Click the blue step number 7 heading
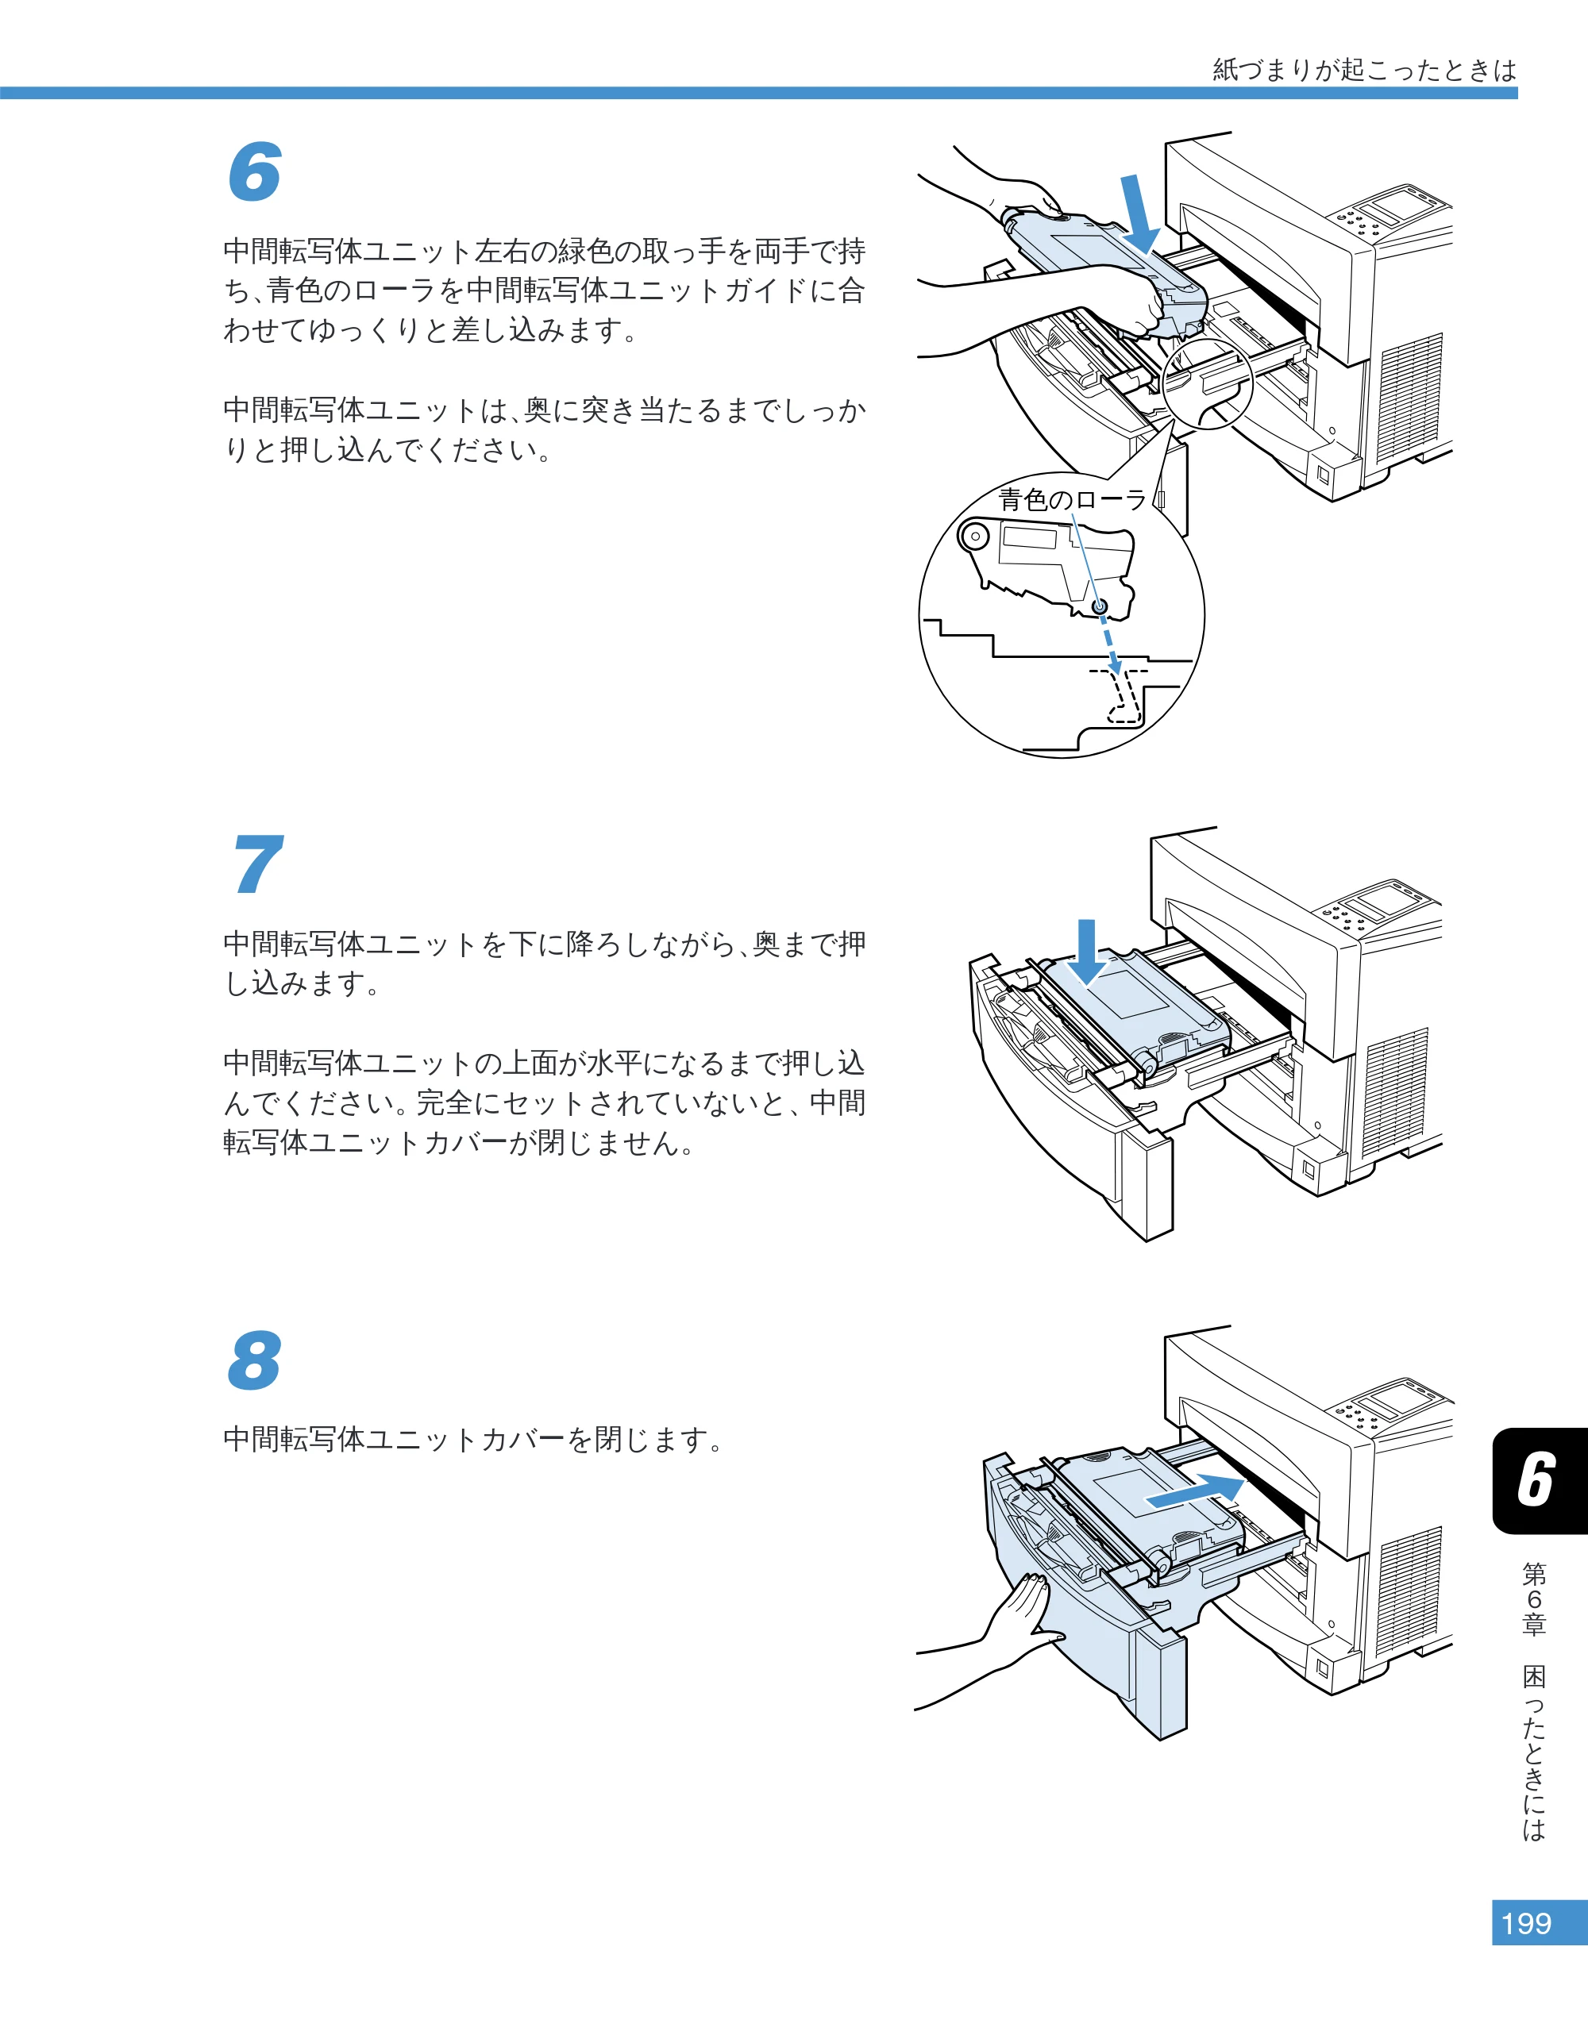257,864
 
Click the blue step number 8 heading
254,1360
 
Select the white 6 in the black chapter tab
1536,1479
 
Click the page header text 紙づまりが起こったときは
1364,70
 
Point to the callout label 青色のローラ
1073,500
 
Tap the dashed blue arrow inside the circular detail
1110,643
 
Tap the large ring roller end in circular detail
975,537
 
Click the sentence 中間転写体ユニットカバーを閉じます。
473,1440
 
